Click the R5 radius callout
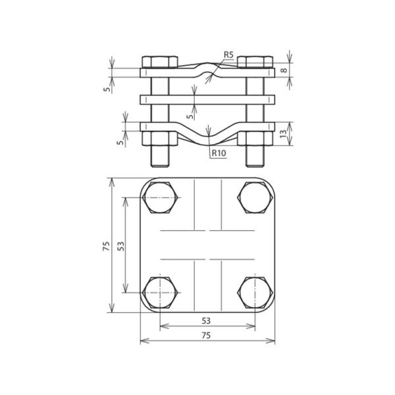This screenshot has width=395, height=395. (229, 54)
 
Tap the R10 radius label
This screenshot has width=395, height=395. (219, 154)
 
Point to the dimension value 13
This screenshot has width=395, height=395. (284, 134)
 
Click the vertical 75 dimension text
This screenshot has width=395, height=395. (105, 246)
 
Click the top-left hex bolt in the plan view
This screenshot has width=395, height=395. (160, 197)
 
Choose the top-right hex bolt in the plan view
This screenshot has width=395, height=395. (255, 197)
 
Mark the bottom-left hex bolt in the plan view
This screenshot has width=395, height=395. (160, 292)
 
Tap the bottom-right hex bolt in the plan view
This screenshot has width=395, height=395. (255, 292)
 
